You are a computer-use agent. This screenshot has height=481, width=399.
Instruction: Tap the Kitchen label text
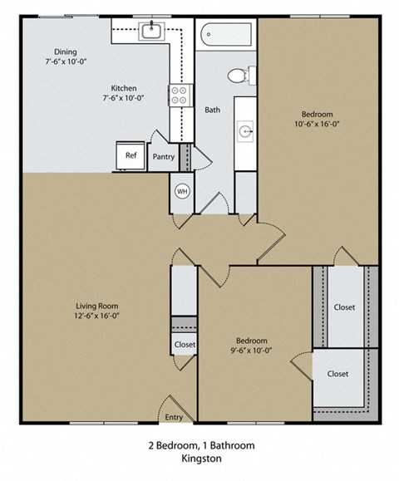click(x=125, y=89)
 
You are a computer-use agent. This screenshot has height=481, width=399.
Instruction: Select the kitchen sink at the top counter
click(x=151, y=32)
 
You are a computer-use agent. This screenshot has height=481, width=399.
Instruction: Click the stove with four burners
click(x=177, y=94)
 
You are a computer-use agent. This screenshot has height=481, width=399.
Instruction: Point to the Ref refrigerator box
click(x=131, y=155)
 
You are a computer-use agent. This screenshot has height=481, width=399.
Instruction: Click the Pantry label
click(x=163, y=155)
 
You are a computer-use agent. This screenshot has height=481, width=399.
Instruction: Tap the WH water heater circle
click(x=181, y=191)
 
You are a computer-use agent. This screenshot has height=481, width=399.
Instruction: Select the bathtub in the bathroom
click(x=225, y=35)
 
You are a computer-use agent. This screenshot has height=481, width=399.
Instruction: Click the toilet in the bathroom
click(x=238, y=76)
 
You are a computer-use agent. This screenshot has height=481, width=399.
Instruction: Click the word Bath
click(x=213, y=110)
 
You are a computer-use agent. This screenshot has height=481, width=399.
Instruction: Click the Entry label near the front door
click(x=174, y=417)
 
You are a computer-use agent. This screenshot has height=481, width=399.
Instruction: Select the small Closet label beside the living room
click(x=185, y=344)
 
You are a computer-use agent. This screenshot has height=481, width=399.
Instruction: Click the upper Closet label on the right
click(x=344, y=307)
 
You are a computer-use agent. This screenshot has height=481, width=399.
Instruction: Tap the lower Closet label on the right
click(x=337, y=374)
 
